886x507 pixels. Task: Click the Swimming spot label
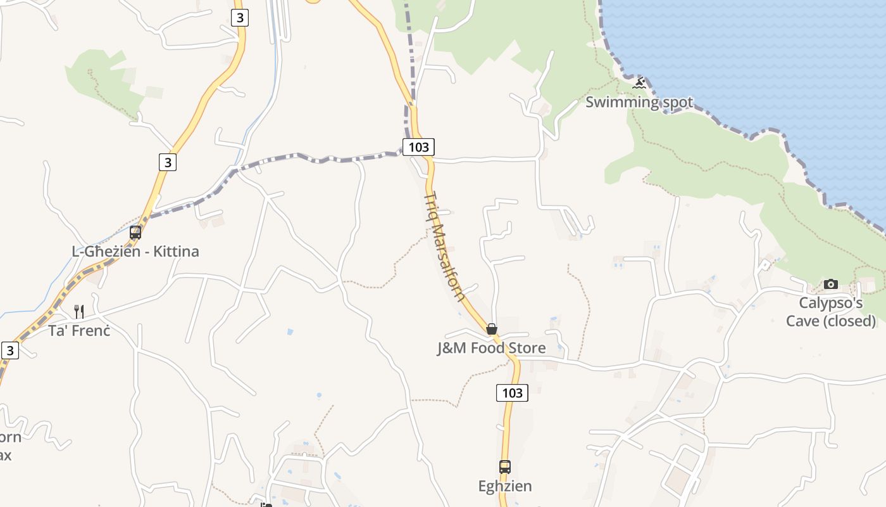639,102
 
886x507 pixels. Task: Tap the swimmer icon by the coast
639,83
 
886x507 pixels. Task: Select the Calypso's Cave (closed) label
830,312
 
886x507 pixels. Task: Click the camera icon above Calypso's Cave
830,284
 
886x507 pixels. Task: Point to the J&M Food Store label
491,348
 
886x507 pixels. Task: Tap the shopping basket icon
491,329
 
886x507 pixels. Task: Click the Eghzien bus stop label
504,486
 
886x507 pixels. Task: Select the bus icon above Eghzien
504,467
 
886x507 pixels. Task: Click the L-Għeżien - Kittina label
135,252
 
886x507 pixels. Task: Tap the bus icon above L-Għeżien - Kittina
135,232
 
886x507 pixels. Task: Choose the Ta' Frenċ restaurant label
79,330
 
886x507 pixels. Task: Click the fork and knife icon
79,311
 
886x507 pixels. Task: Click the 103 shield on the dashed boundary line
418,147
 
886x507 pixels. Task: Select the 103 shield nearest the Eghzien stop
511,393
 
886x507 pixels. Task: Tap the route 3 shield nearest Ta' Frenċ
9,350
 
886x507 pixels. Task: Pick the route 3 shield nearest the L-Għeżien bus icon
167,162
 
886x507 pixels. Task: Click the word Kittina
176,252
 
